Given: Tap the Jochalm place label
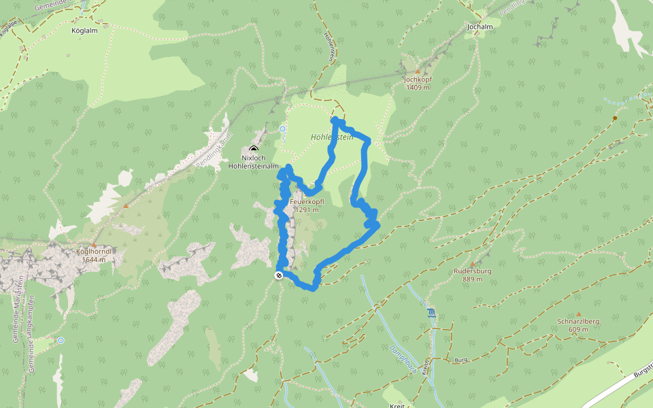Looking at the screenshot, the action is click(480, 27).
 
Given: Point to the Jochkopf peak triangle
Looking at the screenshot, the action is click(417, 71).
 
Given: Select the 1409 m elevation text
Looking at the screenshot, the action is click(418, 87).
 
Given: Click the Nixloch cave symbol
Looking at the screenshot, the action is click(254, 149).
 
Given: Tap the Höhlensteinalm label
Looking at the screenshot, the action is click(254, 165).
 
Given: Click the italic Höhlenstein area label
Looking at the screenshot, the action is click(332, 137).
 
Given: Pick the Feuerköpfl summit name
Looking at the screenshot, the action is click(306, 202).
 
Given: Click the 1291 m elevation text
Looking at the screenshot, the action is click(307, 210).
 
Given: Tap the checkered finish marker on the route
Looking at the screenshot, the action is click(279, 275).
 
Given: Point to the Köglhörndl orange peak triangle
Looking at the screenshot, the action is click(94, 244).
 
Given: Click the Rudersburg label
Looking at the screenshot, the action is click(473, 271).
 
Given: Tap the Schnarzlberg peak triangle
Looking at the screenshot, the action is click(578, 313).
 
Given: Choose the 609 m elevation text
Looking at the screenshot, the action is click(578, 329).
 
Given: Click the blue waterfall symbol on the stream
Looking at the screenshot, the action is click(431, 313).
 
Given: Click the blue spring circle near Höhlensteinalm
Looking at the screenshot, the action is click(283, 128).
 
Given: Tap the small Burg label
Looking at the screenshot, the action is click(462, 358).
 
